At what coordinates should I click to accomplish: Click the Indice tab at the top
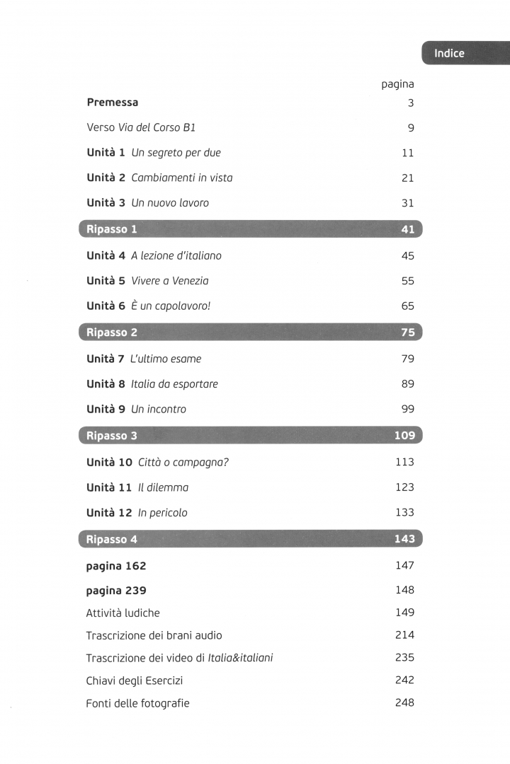click(449, 54)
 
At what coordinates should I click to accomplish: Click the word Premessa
click(112, 103)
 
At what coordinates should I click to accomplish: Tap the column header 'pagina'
click(397, 84)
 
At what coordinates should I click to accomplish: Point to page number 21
click(407, 178)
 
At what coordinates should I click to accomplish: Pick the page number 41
click(407, 229)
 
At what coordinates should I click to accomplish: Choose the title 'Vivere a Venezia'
click(170, 281)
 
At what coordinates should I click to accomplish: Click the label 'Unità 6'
click(106, 306)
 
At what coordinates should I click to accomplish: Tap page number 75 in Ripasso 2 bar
click(407, 332)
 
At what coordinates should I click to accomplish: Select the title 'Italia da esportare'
click(174, 384)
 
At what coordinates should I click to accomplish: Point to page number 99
click(407, 410)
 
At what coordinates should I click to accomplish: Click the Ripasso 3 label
click(111, 436)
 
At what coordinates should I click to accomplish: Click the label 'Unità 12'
click(109, 513)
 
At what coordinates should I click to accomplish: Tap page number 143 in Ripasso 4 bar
click(404, 539)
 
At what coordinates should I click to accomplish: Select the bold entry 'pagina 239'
click(116, 590)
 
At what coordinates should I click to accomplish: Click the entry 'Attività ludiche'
click(123, 613)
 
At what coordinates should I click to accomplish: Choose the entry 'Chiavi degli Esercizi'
click(135, 681)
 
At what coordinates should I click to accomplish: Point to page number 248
click(404, 702)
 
